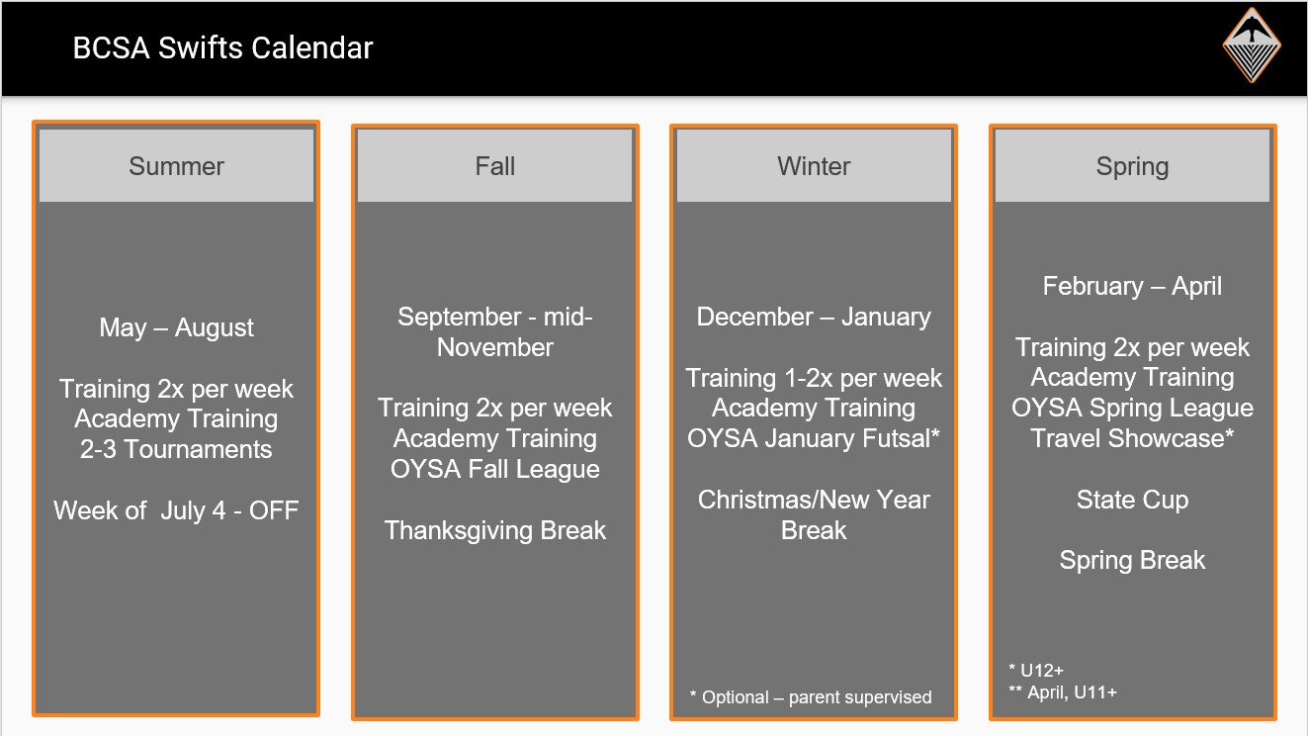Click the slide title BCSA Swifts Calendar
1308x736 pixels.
pos(222,47)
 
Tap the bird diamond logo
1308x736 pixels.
pos(1252,45)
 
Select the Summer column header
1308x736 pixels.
pos(176,166)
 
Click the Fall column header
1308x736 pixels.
pos(495,166)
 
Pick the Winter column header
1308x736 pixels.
pos(814,166)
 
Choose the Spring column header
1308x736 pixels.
pos(1133,166)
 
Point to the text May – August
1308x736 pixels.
pos(176,327)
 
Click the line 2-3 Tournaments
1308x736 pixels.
pos(176,449)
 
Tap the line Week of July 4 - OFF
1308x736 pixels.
pos(176,510)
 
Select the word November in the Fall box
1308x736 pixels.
pos(495,347)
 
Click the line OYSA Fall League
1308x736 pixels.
pos(495,470)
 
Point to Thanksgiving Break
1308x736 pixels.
pos(495,530)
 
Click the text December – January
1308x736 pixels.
pos(814,318)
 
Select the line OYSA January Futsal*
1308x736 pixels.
pos(814,438)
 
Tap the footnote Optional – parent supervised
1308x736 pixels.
pos(811,696)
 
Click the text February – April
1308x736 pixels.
pos(1132,287)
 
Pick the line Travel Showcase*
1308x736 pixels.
pos(1132,438)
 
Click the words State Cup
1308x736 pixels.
pos(1132,500)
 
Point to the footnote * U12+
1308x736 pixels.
pos(1036,670)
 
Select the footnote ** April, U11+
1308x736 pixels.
pos(1063,692)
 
